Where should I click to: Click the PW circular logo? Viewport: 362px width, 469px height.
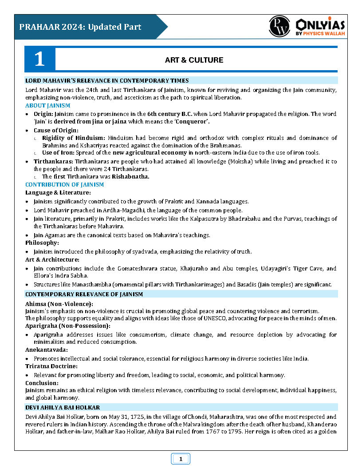point(279,26)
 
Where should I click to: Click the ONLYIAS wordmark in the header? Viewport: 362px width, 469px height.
point(320,24)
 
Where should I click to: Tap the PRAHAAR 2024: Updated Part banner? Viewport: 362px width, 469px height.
point(80,27)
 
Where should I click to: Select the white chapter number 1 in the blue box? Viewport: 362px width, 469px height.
point(39,60)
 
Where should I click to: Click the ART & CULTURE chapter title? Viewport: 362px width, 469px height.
point(194,60)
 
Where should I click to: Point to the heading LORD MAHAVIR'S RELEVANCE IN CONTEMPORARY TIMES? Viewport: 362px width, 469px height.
point(107,80)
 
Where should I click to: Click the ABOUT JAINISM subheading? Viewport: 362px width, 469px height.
point(47,105)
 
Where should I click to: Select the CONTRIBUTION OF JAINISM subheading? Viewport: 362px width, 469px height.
point(64,184)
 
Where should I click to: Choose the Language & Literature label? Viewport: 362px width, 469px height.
point(58,192)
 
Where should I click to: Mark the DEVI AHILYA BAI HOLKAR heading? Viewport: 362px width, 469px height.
point(63,407)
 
